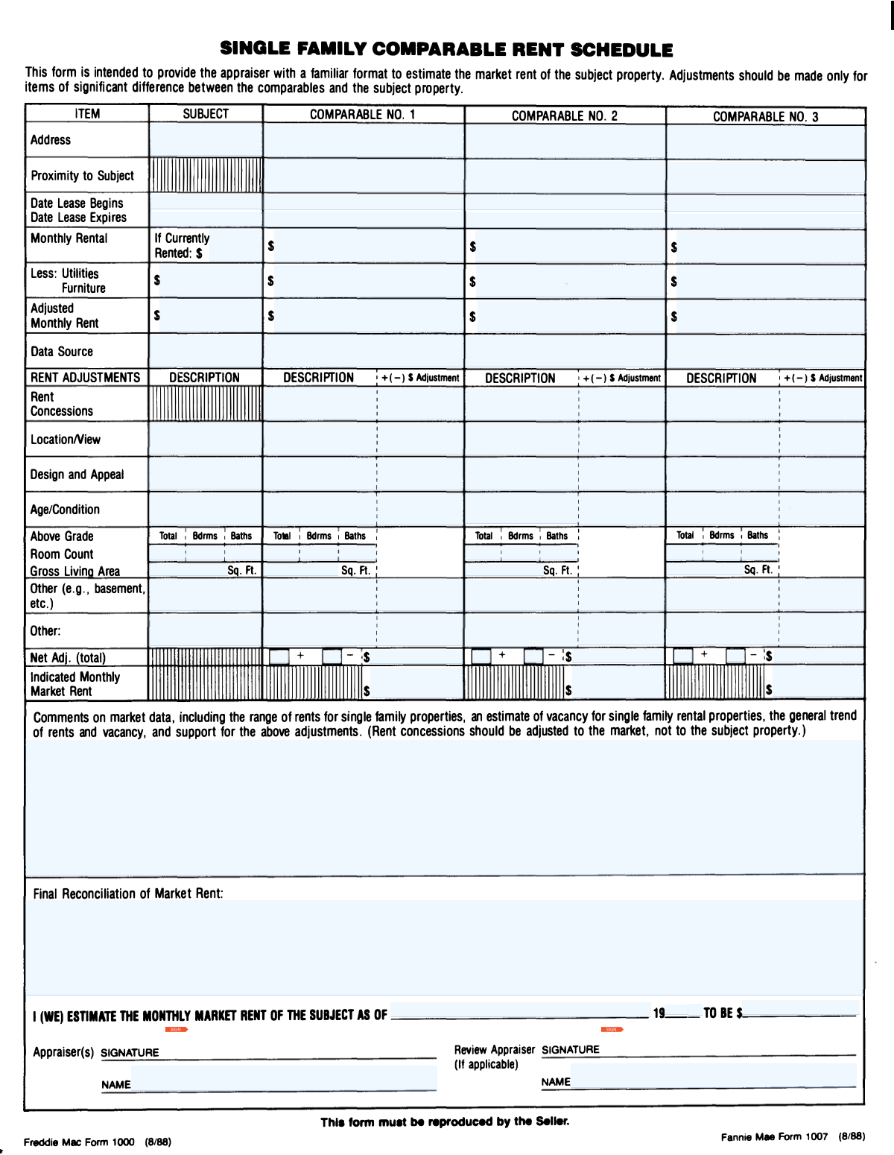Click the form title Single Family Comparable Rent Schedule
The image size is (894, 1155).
[x=446, y=50]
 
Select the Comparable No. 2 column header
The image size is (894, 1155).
[x=564, y=115]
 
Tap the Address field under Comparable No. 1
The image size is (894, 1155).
[x=364, y=141]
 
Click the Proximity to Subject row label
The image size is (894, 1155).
[x=82, y=176]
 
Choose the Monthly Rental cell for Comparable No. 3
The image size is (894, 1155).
[x=766, y=247]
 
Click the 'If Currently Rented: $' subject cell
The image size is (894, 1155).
[x=206, y=246]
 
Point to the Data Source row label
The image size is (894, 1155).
[x=62, y=352]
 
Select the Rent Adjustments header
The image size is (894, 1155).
[x=85, y=378]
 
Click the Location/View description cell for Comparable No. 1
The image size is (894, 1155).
[x=320, y=439]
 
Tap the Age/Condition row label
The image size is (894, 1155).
[x=65, y=510]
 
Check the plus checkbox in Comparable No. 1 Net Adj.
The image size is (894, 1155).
[x=279, y=656]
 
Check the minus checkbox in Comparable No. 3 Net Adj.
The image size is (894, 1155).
[x=735, y=656]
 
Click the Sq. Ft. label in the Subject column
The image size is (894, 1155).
[x=241, y=571]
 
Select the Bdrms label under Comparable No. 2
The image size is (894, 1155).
[x=521, y=536]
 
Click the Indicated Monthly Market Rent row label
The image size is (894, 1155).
[x=74, y=684]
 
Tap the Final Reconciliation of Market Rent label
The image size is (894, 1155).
[x=128, y=893]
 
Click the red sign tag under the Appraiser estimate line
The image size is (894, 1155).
[x=177, y=1030]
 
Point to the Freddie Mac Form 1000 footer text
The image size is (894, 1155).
[x=97, y=1142]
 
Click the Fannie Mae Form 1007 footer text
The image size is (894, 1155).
[x=793, y=1136]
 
